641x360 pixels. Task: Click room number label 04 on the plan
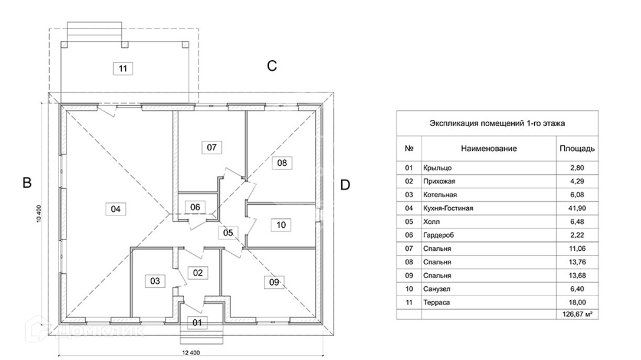coord(116,209)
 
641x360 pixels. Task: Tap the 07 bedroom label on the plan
coord(211,147)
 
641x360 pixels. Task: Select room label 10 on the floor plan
coord(282,225)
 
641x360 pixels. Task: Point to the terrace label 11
coord(122,68)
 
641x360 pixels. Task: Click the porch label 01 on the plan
coord(197,322)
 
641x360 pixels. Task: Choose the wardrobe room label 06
coord(195,207)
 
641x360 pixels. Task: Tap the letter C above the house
coord(272,66)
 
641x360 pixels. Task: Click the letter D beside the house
coord(345,185)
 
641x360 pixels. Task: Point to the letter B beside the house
coord(27,183)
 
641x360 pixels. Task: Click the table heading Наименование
coord(488,149)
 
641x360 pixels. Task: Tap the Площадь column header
coord(577,149)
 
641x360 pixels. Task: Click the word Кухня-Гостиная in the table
coord(448,208)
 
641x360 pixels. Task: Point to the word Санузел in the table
coord(436,289)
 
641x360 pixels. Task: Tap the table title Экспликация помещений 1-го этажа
coord(497,123)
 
